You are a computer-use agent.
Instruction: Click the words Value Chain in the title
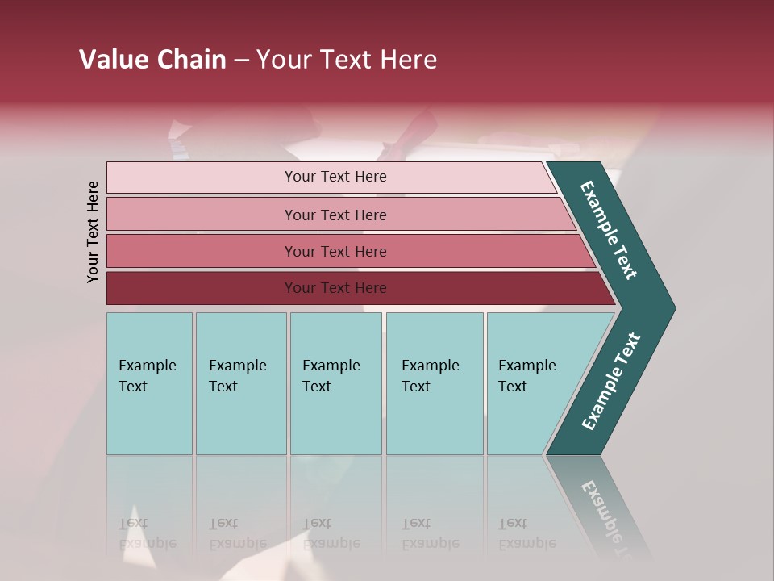pyautogui.click(x=152, y=60)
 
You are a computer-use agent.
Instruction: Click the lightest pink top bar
pyautogui.click(x=202, y=178)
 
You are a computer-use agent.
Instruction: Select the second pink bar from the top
pyautogui.click(x=202, y=215)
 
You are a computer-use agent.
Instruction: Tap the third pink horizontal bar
pyautogui.click(x=202, y=251)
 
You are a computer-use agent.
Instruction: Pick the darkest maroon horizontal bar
pyautogui.click(x=202, y=288)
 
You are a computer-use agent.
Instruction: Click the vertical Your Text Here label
pyautogui.click(x=93, y=232)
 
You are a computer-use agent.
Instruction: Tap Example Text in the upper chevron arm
pyautogui.click(x=609, y=230)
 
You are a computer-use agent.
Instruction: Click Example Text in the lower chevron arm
pyautogui.click(x=611, y=381)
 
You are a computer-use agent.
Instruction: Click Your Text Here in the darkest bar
pyautogui.click(x=335, y=288)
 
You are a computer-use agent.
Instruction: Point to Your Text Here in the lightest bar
pyautogui.click(x=335, y=177)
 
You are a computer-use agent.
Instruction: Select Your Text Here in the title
pyautogui.click(x=347, y=60)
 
